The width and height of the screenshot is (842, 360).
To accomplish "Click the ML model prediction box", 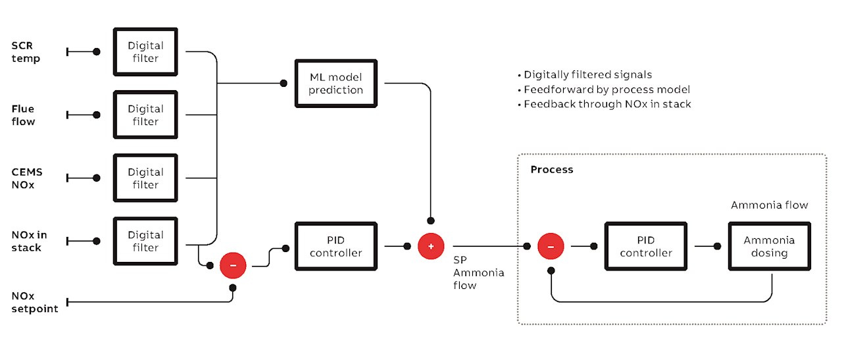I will [x=336, y=83].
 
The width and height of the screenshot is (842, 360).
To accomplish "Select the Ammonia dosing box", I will [x=769, y=246].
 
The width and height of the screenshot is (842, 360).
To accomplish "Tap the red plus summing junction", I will [x=431, y=246].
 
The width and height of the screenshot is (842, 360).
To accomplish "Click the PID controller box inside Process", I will [x=645, y=246].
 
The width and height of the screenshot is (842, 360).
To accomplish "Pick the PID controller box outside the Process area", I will [x=336, y=246].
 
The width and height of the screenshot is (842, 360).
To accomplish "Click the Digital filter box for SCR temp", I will [x=145, y=52].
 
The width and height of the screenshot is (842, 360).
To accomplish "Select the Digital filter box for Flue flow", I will [x=145, y=115].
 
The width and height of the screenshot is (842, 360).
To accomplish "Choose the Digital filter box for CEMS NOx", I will [x=145, y=178].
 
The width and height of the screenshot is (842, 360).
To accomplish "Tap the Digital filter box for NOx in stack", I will [x=145, y=241].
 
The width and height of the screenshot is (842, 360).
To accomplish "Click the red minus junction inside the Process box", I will [x=551, y=246].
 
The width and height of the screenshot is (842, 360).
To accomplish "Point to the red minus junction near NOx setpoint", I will [x=232, y=265].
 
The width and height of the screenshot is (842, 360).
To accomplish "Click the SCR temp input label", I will [x=26, y=52].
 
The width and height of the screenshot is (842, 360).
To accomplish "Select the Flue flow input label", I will [x=23, y=115].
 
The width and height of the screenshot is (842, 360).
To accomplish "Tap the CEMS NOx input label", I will [x=27, y=178].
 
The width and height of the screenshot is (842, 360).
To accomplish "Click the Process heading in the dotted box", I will [x=551, y=170].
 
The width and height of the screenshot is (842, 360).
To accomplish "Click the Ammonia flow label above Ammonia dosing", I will [x=769, y=205].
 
